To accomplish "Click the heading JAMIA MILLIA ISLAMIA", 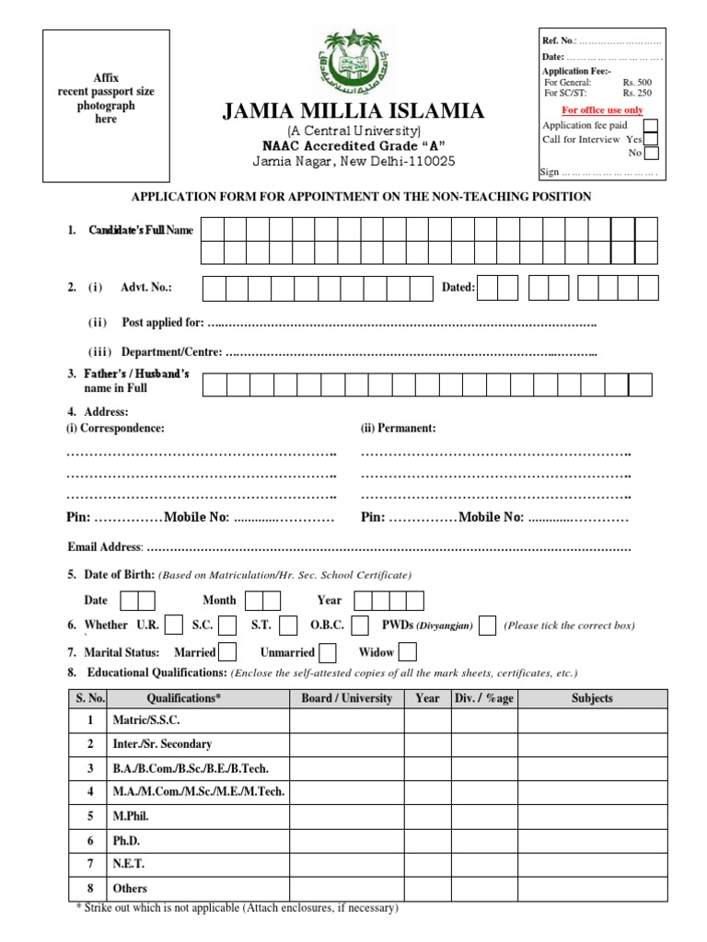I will click(353, 112).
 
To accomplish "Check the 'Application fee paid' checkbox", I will click(650, 126).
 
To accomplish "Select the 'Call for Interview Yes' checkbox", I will click(650, 140).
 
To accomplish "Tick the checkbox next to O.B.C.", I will click(362, 626).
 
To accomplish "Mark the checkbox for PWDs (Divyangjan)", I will click(488, 626).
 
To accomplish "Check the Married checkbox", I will click(227, 652).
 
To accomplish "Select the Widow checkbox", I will click(407, 652).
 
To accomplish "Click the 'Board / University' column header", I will click(346, 698).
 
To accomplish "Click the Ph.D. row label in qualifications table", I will click(127, 841).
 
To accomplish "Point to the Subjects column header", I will click(592, 698).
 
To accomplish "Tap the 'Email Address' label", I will click(105, 547).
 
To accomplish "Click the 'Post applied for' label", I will click(162, 323).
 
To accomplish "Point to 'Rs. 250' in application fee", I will click(637, 93).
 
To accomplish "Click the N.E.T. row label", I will click(128, 865).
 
